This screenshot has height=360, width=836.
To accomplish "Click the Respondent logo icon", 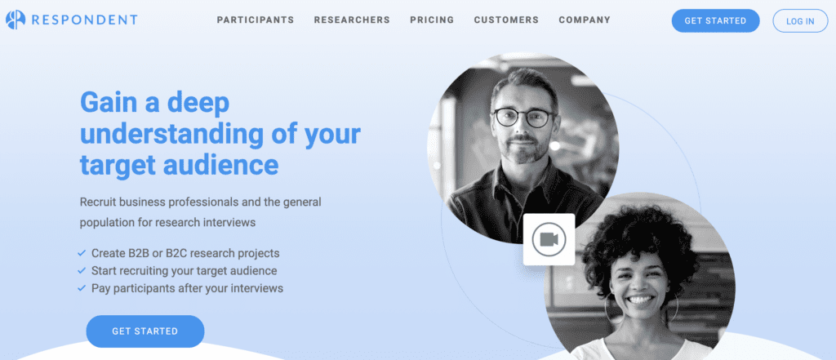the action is click(16, 20).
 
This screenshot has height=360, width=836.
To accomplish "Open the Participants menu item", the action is click(256, 20).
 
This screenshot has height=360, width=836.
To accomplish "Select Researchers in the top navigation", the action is click(352, 20).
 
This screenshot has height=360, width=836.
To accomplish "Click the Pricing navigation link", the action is click(432, 20).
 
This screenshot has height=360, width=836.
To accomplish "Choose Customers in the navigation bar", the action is click(506, 20).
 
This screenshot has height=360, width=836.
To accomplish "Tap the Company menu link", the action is click(585, 20).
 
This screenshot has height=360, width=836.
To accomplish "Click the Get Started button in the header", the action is click(715, 20).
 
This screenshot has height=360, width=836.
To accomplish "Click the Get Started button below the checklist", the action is click(145, 331).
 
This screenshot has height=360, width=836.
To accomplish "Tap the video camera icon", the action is click(549, 239).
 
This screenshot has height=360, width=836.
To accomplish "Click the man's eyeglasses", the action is click(524, 118).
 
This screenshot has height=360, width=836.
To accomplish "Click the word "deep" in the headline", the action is click(198, 102).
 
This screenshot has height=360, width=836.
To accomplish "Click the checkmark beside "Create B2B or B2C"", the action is click(82, 253).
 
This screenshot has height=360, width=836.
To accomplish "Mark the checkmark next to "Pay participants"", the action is click(82, 288).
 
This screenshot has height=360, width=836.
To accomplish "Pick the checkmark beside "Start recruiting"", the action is click(82, 270).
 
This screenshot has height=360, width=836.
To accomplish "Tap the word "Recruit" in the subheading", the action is click(97, 202).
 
